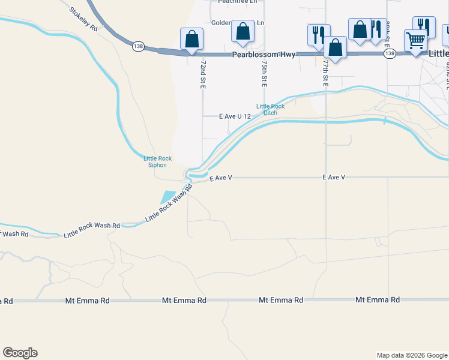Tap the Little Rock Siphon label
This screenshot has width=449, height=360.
[158, 161]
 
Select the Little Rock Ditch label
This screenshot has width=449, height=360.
[267, 110]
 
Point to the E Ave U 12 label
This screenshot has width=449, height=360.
[235, 116]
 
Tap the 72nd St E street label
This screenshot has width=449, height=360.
[203, 74]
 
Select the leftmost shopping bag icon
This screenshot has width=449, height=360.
[191, 39]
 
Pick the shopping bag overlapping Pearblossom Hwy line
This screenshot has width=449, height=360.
[335, 47]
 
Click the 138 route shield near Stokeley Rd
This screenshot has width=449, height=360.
[139, 46]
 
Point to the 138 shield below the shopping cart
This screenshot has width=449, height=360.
[390, 54]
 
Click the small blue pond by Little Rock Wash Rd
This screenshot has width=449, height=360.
[167, 197]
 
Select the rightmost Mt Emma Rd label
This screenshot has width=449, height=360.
[378, 300]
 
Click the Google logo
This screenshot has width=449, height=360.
[20, 353]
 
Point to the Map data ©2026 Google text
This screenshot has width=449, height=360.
[411, 355]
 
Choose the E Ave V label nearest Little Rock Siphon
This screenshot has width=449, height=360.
[220, 178]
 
